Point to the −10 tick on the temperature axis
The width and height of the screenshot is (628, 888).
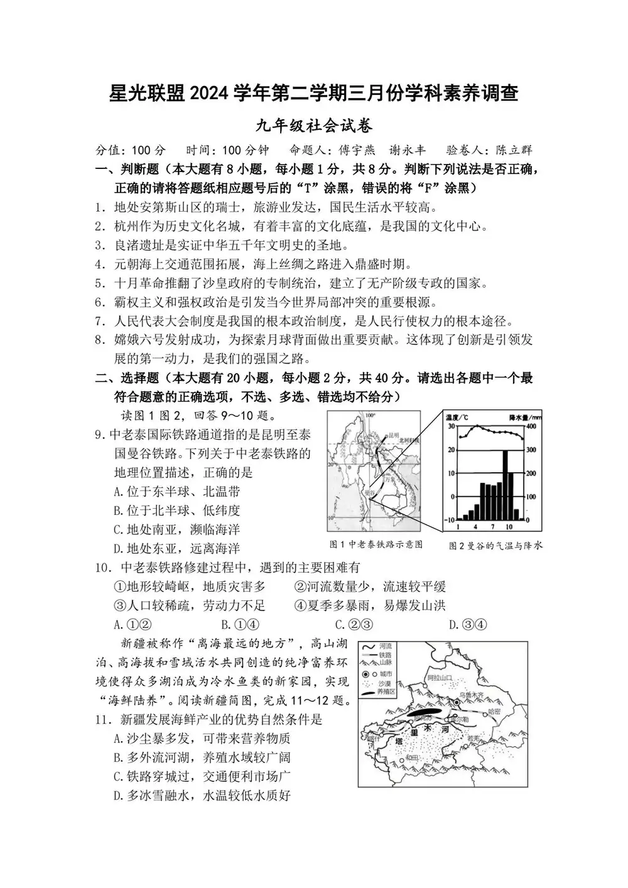pyautogui.click(x=449, y=519)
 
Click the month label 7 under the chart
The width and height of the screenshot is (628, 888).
pyautogui.click(x=492, y=527)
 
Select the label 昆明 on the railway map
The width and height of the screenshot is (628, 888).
pyautogui.click(x=394, y=434)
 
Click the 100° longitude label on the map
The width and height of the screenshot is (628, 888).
pyautogui.click(x=370, y=415)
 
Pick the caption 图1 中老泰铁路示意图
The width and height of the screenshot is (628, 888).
pyautogui.click(x=376, y=544)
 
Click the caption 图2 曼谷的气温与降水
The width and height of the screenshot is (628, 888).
pyautogui.click(x=495, y=545)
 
